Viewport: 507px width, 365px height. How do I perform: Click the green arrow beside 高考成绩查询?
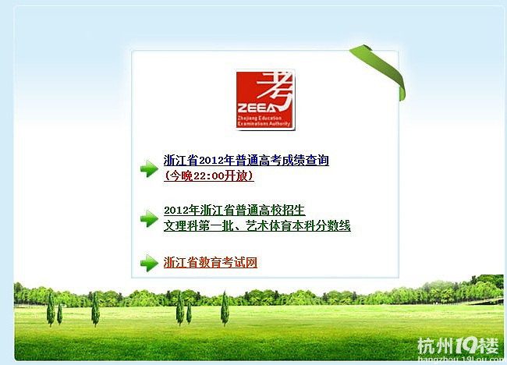point(149,168)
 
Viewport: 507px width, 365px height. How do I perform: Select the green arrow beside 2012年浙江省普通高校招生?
point(149,218)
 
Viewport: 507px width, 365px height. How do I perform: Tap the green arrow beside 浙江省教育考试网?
point(149,263)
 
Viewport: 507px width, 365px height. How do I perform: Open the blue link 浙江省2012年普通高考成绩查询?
point(246,161)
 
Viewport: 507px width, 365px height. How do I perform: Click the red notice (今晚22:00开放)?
point(209,176)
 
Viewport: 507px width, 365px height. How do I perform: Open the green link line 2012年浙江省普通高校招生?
point(234,211)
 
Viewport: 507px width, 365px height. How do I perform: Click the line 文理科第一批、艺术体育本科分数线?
point(257,226)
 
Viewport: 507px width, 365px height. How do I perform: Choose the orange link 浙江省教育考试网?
point(211,263)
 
